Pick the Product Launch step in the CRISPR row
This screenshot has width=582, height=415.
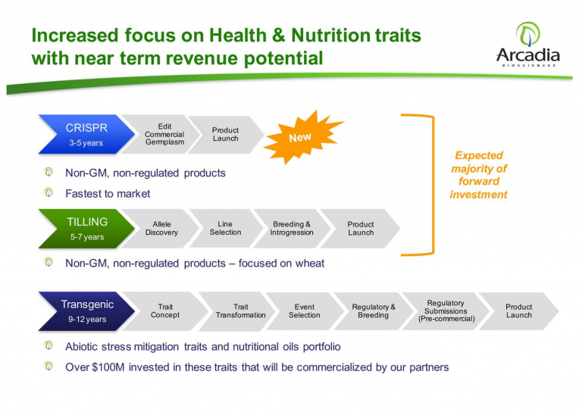coord(225,134)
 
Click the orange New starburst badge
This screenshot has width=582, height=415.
coord(301,137)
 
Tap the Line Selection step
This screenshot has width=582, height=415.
coord(225,229)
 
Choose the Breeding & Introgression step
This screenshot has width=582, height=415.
coord(290,229)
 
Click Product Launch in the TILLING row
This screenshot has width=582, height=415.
coord(360,229)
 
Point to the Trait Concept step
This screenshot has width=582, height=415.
coord(165,311)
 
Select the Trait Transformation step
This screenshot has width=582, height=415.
coord(240,311)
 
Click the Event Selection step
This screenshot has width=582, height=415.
coord(304,311)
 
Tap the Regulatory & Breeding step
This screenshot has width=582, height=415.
coord(373,311)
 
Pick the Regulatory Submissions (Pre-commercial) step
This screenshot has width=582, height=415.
coord(446,311)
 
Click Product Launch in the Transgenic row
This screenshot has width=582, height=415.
coord(518,311)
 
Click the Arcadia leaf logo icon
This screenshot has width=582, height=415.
coord(527,33)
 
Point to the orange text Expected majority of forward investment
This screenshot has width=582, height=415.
coord(478,175)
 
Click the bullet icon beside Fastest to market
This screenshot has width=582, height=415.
coord(48,193)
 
